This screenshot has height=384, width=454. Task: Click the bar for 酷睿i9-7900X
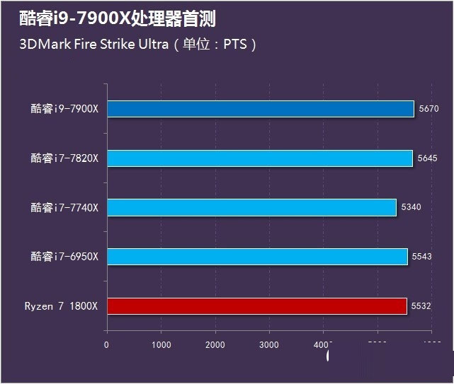(x=260, y=109)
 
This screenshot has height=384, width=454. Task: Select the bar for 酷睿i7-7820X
(x=259, y=158)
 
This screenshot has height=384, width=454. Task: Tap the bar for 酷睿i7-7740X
(x=251, y=207)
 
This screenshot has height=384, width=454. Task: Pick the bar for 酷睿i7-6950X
(x=257, y=256)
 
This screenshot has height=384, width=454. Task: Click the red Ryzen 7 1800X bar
(x=256, y=306)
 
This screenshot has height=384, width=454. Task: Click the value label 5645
(x=428, y=158)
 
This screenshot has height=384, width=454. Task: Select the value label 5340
(x=412, y=207)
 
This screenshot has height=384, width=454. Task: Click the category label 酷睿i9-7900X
(x=64, y=109)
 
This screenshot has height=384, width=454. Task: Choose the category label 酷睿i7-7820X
(x=64, y=158)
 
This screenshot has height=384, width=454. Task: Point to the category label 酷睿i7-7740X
(x=64, y=207)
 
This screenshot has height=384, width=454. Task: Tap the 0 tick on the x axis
(x=106, y=344)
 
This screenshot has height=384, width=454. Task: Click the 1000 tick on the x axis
(x=161, y=344)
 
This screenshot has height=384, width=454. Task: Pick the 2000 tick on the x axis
(x=215, y=344)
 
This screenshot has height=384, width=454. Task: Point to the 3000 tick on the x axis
(x=269, y=344)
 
